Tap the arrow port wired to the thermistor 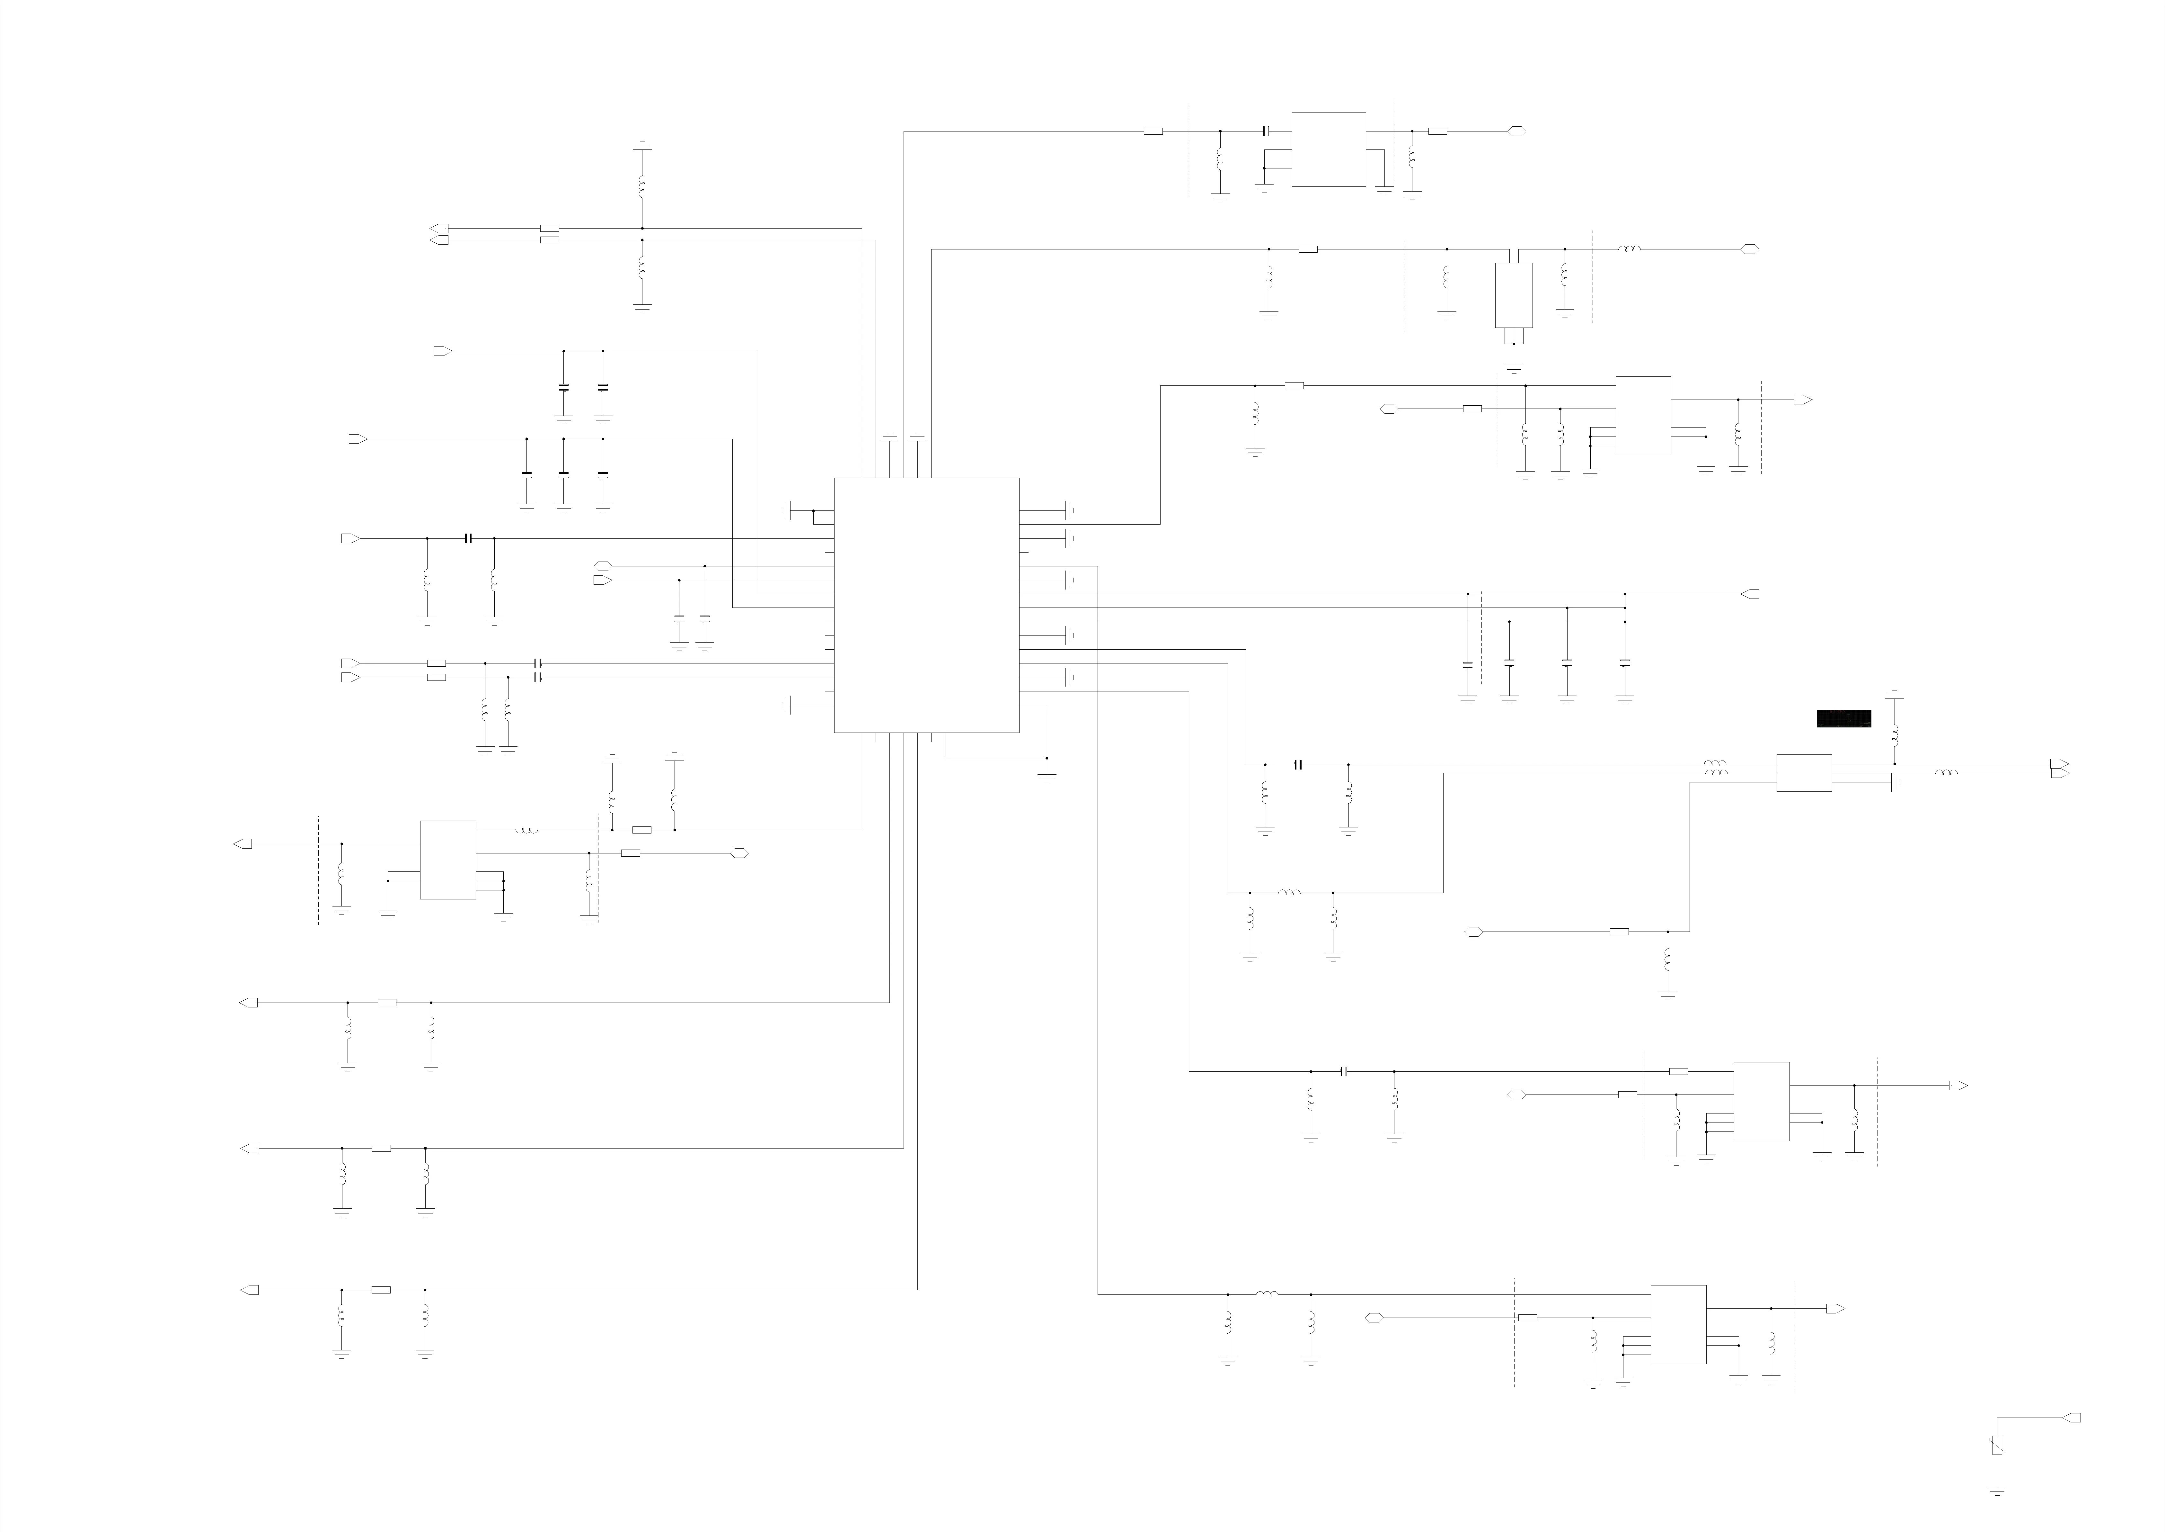click(2072, 1418)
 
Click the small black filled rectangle click(1843, 719)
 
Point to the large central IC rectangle click(926, 605)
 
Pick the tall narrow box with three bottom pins click(1514, 295)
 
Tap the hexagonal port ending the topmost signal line click(1516, 131)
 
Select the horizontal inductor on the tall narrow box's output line click(1630, 249)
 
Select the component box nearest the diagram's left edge click(448, 860)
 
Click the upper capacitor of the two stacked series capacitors click(537, 663)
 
